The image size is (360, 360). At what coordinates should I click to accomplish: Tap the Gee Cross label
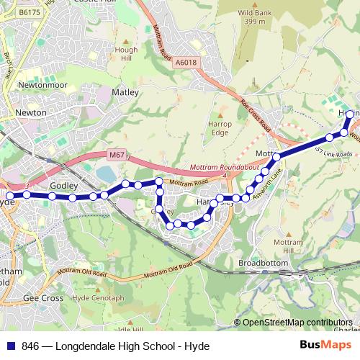[x=43, y=297]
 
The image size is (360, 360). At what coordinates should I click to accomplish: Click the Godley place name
[x=63, y=185]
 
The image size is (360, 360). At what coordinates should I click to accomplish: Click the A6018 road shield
[x=185, y=63]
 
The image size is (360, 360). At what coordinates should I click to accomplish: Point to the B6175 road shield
[x=30, y=12]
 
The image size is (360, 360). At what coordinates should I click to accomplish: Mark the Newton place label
[x=30, y=112]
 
